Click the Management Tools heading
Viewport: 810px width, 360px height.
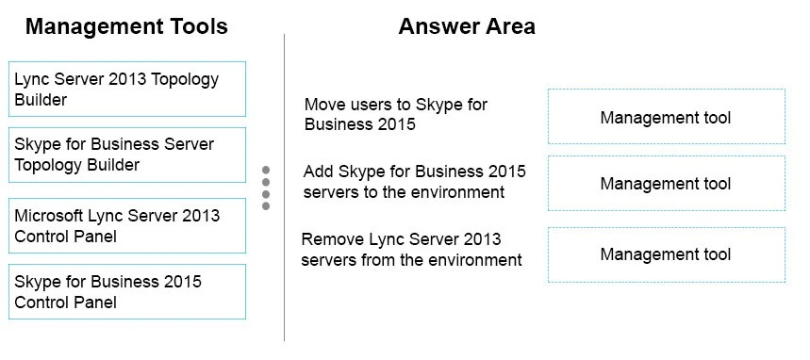[126, 26]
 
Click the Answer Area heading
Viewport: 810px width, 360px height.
[466, 26]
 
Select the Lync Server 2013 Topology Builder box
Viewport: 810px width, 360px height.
[127, 90]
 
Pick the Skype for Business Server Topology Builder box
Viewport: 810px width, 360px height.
[127, 155]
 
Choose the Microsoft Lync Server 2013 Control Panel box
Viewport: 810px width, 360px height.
[127, 226]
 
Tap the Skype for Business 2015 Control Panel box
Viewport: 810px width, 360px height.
[127, 292]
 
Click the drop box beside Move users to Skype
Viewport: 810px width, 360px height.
[666, 118]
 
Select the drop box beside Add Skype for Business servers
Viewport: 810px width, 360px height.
[666, 184]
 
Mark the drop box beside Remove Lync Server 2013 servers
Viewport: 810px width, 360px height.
[666, 254]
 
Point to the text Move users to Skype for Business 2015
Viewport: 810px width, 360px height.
[395, 114]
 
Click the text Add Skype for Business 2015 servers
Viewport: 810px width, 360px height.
[414, 182]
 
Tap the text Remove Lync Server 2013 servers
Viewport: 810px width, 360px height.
[411, 249]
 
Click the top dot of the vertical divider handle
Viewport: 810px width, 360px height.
[266, 171]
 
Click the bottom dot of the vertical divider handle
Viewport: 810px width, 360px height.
[266, 205]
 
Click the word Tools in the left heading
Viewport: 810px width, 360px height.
[194, 26]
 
